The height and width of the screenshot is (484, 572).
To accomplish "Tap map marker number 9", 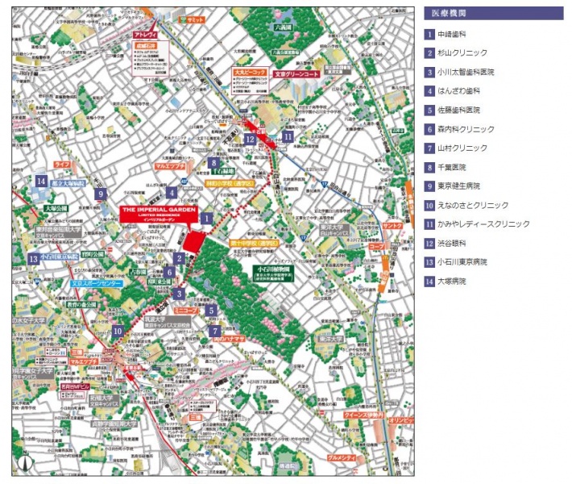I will (101, 194).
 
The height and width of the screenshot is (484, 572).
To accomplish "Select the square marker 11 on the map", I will (288, 138).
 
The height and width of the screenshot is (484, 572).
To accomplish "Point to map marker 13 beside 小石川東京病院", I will (33, 259).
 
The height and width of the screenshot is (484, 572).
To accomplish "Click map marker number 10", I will (118, 330).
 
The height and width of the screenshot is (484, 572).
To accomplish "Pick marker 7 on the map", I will (214, 331).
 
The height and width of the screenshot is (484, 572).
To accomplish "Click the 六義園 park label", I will (281, 27).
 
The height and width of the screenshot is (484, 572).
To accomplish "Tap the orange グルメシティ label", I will (342, 458).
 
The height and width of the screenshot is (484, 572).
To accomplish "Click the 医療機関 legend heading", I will (448, 13).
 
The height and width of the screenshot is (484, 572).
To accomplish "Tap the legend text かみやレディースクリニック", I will (483, 224).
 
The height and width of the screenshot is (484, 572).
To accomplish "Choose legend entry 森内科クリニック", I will (466, 129).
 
